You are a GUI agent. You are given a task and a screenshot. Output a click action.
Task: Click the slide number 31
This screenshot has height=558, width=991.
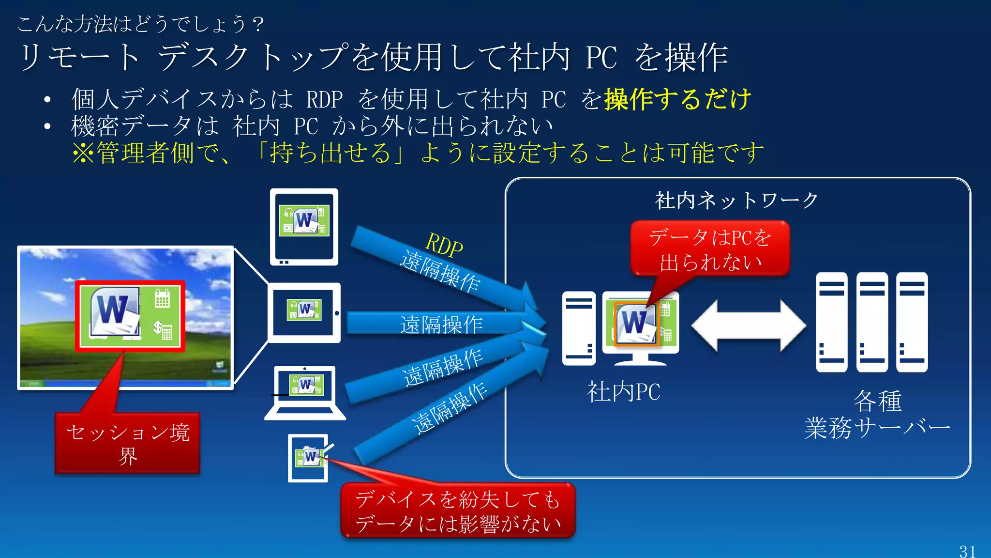coord(967,551)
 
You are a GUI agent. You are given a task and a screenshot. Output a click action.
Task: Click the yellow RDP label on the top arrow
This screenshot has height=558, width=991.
coord(444,245)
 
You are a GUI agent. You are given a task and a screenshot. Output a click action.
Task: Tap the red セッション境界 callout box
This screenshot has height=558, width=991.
coord(127,443)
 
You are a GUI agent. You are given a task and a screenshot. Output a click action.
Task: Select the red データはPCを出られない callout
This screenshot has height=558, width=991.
coord(710,249)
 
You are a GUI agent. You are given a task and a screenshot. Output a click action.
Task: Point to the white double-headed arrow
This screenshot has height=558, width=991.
coord(748,326)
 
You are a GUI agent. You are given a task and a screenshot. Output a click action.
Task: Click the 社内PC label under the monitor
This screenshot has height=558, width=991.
coord(623,392)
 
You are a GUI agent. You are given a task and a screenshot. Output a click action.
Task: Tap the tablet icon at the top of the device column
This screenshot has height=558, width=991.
coord(304,227)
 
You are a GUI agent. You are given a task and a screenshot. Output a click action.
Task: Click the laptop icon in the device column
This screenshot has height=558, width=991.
coord(305,392)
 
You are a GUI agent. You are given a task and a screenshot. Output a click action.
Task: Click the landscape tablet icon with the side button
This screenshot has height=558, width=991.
coord(304,312)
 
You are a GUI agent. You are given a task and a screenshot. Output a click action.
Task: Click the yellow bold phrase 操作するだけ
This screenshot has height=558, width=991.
coord(677,99)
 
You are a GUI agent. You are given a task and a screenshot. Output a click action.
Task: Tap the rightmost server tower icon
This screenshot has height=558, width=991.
coord(912,322)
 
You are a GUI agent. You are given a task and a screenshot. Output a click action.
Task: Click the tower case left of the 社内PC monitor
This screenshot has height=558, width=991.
coord(579,328)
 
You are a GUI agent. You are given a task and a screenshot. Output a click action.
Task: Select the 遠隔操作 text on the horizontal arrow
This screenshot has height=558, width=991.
coord(441,325)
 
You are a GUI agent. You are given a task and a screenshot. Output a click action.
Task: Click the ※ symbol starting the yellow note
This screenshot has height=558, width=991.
coord(83,153)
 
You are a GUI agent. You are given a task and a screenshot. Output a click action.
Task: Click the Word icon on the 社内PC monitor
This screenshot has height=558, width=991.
coord(635,324)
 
